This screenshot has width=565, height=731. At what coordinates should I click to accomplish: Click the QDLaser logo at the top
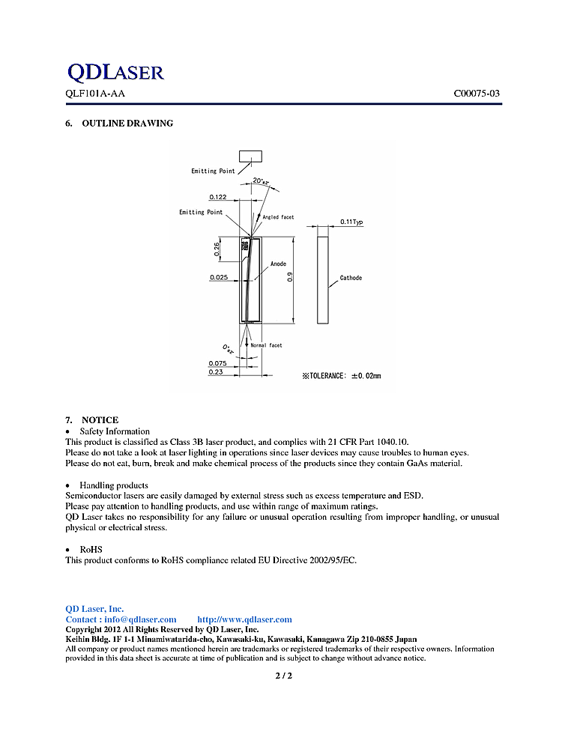[x=115, y=72]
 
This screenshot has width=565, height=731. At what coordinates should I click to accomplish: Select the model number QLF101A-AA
[x=95, y=93]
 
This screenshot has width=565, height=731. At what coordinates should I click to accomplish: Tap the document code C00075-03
[x=477, y=93]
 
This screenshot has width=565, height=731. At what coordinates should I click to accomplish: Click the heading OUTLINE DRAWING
[x=127, y=123]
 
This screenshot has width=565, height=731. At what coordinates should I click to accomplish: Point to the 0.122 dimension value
[x=218, y=197]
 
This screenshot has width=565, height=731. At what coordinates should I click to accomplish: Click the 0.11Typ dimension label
[x=351, y=222]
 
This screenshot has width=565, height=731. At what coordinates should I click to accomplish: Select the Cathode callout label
[x=351, y=278]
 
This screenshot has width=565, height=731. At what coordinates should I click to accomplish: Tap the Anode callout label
[x=278, y=264]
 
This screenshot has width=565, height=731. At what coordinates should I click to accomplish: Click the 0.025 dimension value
[x=219, y=277]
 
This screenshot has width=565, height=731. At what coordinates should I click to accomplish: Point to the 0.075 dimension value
[x=217, y=363]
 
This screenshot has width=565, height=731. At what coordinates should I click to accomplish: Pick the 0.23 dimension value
[x=216, y=372]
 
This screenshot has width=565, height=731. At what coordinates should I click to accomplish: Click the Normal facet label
[x=267, y=345]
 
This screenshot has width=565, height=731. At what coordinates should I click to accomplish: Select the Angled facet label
[x=278, y=217]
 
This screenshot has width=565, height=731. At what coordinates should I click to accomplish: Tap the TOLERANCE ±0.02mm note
[x=342, y=376]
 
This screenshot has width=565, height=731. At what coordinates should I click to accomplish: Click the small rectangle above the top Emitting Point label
[x=250, y=157]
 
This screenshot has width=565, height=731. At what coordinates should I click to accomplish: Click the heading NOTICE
[x=100, y=419]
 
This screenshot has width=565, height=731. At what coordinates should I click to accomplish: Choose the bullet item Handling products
[x=114, y=485]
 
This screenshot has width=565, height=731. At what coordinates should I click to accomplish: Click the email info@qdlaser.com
[x=140, y=619]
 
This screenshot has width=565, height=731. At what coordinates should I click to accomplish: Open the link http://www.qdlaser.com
[x=244, y=619]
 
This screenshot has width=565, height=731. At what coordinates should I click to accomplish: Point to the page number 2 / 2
[x=284, y=676]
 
